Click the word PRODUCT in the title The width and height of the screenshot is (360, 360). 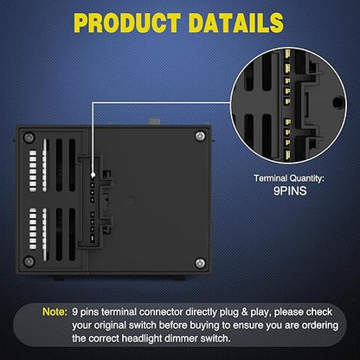tap(127, 22)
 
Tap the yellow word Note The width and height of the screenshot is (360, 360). tap(55, 312)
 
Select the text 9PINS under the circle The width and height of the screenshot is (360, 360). tap(290, 191)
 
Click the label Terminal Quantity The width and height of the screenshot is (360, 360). tap(289, 178)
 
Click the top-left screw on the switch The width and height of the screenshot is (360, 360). tap(29, 138)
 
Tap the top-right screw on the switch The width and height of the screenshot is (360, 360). tap(200, 136)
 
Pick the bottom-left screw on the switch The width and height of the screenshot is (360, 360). tap(29, 261)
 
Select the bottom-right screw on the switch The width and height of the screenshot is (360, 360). tap(200, 263)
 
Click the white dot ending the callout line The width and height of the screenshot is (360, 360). tap(93, 175)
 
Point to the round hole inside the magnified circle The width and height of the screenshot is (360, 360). tap(337, 101)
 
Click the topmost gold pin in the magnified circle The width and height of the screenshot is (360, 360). tap(287, 54)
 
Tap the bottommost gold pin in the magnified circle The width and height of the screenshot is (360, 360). tap(288, 154)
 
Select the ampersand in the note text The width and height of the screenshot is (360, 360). tap(245, 312)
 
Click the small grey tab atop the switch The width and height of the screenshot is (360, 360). tap(154, 122)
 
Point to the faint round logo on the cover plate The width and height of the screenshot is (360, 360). tap(132, 199)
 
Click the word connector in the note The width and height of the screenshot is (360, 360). tap(161, 312)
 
